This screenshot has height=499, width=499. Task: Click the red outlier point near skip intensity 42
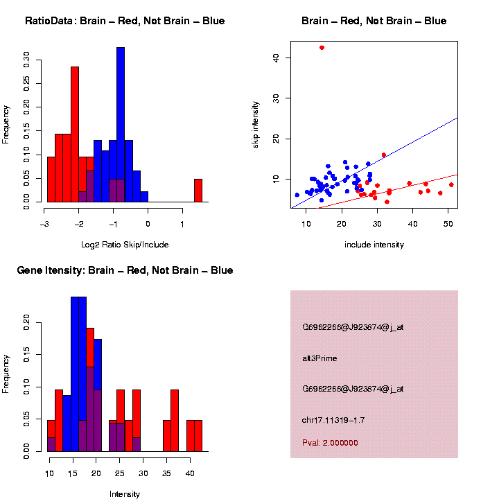coord(322,47)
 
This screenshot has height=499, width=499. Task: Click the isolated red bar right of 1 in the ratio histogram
coord(198,191)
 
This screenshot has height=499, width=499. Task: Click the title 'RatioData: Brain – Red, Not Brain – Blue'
coord(125,21)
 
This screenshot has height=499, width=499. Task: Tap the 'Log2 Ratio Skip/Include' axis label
coord(125,245)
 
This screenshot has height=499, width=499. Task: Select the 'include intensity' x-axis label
coord(374,245)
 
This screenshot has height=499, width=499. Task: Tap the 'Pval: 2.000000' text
coord(330,442)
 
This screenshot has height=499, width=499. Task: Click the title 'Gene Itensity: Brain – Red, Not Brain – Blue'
coord(125,270)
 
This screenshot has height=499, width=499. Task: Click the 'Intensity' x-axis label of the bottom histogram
coord(125,494)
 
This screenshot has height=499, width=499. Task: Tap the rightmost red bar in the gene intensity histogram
coord(198,436)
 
